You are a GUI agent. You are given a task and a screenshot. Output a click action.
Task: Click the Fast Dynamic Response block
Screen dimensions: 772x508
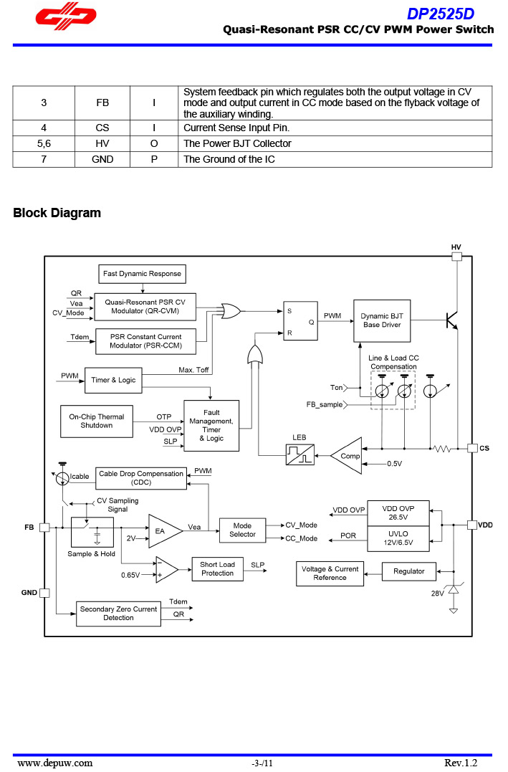(x=142, y=274)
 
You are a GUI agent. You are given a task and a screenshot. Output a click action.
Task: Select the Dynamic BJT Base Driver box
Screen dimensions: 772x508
(x=381, y=320)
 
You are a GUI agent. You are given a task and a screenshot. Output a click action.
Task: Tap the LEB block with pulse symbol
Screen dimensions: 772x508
(x=299, y=454)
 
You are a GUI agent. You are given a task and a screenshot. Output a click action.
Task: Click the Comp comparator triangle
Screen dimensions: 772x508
(x=348, y=456)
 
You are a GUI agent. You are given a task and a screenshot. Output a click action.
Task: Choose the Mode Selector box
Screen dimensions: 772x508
(x=242, y=530)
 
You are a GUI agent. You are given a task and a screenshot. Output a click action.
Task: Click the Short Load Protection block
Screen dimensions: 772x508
(x=217, y=569)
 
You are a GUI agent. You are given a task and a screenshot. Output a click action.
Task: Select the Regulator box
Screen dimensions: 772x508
(x=408, y=571)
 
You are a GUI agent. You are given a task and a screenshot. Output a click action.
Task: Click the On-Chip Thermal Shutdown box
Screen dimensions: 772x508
(x=96, y=421)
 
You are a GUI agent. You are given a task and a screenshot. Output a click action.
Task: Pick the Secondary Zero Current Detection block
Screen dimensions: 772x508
(x=118, y=614)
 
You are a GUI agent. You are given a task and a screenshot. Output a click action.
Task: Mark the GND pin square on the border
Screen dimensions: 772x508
(x=44, y=593)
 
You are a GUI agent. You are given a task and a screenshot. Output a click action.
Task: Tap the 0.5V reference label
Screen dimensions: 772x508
(x=394, y=464)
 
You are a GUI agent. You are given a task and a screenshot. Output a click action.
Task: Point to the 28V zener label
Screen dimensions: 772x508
(x=437, y=594)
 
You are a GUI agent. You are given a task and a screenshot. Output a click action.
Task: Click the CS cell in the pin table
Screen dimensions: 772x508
(x=102, y=128)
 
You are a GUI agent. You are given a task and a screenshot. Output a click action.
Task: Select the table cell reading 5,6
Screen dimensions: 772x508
(x=44, y=143)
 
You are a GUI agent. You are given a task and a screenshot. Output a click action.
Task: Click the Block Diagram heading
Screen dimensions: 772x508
(x=57, y=213)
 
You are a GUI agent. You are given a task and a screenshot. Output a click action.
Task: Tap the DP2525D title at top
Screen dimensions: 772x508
(x=441, y=14)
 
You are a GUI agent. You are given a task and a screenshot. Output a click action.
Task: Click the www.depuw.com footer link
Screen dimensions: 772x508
(x=55, y=763)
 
